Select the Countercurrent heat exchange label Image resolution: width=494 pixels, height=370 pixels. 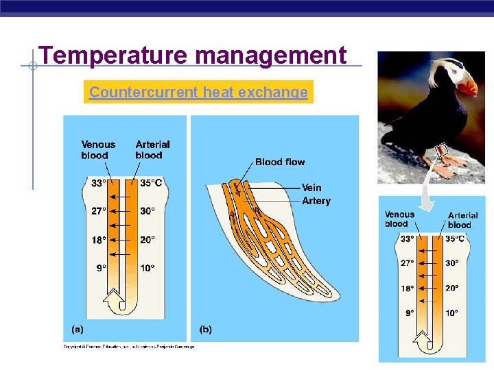(198, 92)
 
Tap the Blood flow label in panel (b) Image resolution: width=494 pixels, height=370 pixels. (280, 162)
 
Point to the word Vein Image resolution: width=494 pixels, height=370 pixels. (311, 188)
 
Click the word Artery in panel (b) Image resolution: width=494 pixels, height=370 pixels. (316, 201)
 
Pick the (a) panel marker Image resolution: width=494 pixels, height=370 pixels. (78, 329)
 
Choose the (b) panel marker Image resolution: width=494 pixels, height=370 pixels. (205, 329)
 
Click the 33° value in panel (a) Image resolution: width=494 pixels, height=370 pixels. (98, 183)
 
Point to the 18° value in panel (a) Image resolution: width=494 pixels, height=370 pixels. (98, 240)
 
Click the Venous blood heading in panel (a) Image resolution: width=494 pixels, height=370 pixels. (98, 149)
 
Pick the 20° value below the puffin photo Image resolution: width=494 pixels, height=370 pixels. (452, 288)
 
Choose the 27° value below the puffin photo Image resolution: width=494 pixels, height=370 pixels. (408, 263)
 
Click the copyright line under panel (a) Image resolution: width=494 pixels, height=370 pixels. (129, 347)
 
